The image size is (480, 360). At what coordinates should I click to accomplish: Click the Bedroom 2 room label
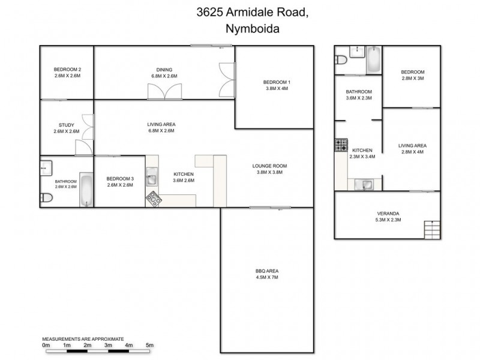tap(67, 69)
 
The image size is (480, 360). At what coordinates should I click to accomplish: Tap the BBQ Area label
tap(266, 271)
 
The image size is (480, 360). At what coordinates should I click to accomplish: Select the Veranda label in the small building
tap(388, 214)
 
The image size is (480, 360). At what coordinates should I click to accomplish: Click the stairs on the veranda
tap(432, 229)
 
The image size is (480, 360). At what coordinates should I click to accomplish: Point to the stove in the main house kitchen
tap(154, 197)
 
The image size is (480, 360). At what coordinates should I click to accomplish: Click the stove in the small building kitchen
tap(341, 145)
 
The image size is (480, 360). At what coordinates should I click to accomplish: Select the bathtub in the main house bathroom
tap(87, 190)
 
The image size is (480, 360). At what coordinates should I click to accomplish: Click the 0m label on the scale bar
tap(46, 345)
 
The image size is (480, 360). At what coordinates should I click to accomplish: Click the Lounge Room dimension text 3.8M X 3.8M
tap(269, 172)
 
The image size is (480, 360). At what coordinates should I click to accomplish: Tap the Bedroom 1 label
tap(277, 82)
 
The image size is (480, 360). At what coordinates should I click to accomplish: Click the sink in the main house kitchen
tap(153, 178)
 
